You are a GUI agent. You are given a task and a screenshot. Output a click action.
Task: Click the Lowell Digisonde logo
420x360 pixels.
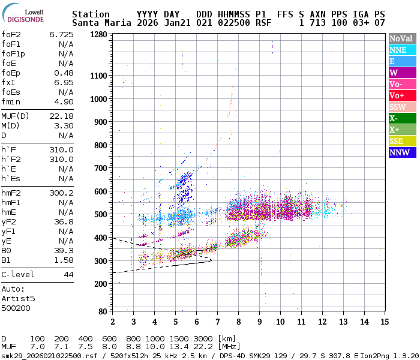[26, 14]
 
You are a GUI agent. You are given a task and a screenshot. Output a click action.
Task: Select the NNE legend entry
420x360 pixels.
[402, 50]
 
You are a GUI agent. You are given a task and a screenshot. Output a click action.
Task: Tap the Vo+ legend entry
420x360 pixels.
[402, 95]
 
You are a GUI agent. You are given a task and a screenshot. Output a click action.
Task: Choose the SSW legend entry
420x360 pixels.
[402, 107]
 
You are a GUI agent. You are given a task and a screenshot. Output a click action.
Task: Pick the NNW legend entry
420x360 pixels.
[402, 152]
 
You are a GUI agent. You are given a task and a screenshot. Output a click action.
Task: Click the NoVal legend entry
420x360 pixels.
[402, 38]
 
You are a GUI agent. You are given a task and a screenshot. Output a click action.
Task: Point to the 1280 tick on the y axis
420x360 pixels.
[98, 35]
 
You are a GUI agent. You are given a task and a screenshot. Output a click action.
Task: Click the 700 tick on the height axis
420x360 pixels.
[101, 168]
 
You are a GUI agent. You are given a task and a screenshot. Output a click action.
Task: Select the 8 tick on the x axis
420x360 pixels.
[238, 322]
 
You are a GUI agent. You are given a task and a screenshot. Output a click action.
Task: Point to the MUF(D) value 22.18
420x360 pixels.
[61, 116]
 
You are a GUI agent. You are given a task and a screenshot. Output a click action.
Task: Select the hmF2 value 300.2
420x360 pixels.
[61, 193]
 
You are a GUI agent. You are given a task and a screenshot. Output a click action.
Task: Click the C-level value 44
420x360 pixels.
[68, 275]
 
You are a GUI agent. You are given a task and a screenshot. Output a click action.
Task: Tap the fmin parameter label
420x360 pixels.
[11, 102]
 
